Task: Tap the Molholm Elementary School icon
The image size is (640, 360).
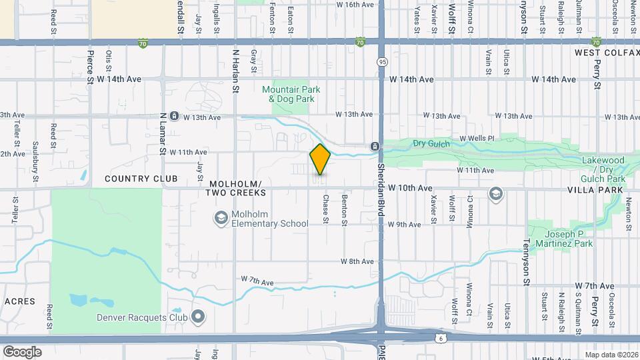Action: [221, 217]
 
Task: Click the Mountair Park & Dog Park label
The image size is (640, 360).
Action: [291, 94]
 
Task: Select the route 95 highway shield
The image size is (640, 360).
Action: [381, 62]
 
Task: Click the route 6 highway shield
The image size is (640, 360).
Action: [440, 339]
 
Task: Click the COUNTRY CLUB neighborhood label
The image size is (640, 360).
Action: [141, 179]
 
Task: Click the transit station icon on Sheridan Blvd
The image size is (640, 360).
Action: [375, 146]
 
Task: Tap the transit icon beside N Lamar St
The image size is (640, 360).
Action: [174, 116]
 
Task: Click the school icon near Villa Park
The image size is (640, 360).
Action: [495, 194]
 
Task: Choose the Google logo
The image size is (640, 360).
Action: [23, 351]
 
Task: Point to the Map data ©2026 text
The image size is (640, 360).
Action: [611, 355]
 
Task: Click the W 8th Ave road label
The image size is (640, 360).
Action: [357, 261]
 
